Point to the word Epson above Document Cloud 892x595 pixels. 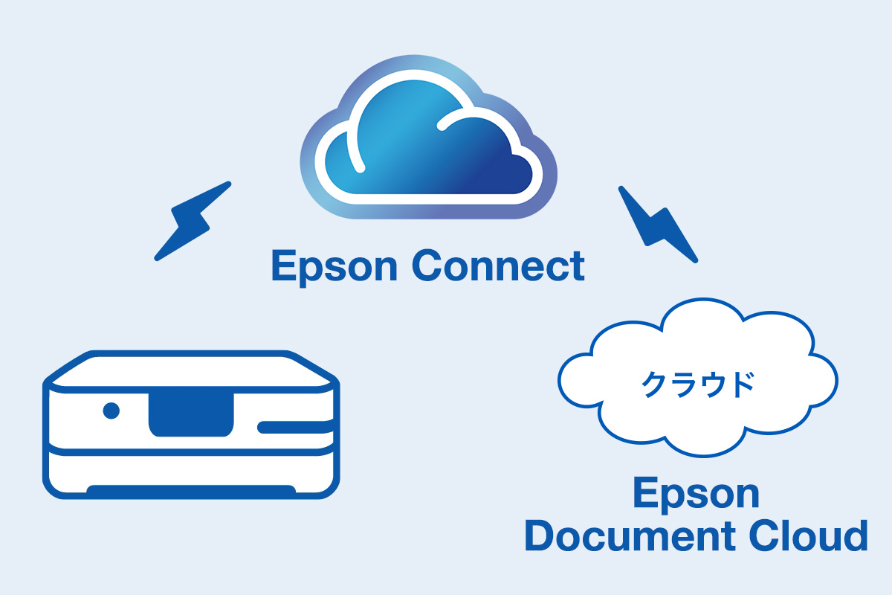pos(696,495)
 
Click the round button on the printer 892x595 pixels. pos(111,410)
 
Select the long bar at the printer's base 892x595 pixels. pos(191,489)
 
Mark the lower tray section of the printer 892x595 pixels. pos(191,469)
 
